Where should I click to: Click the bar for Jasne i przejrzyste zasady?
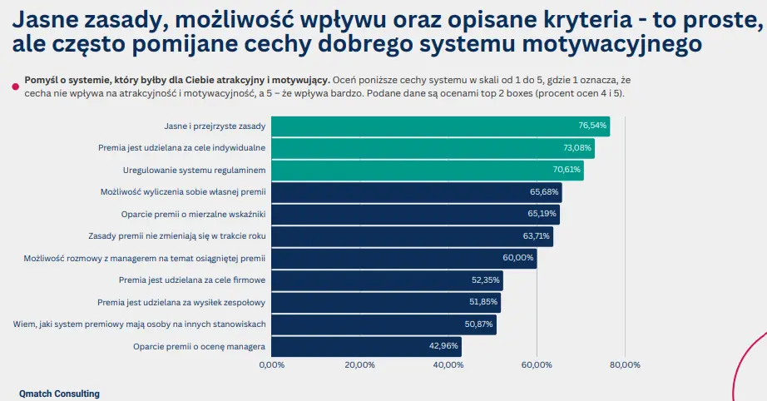point(441,126)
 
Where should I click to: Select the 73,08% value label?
point(576,148)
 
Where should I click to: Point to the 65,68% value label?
point(543,192)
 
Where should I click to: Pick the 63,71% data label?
point(535,236)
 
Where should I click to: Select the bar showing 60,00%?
point(404,259)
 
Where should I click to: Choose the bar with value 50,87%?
point(383,324)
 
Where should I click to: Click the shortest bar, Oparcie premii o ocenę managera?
point(367,346)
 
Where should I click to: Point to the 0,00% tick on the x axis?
point(271,365)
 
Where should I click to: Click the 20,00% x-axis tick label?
point(359,365)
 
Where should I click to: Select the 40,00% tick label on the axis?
point(448,365)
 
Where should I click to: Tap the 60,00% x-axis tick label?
point(537,365)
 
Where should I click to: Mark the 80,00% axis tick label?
point(625,365)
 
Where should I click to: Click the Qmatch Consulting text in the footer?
point(59,394)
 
